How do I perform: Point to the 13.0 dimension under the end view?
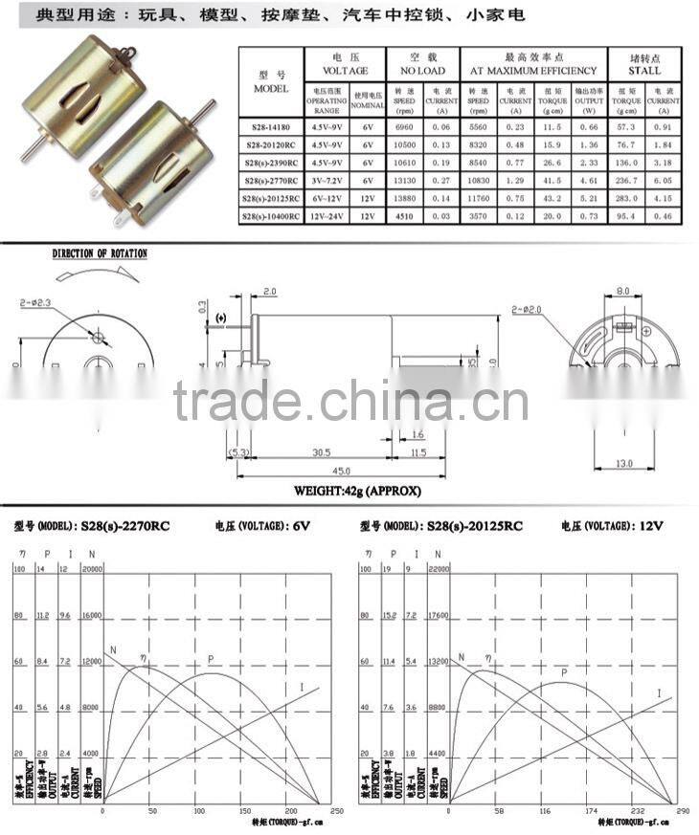(624, 464)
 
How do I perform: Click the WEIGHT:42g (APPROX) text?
(356, 492)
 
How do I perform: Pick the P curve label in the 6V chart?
(210, 659)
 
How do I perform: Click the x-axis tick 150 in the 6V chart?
(244, 809)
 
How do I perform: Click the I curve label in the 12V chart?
(659, 692)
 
